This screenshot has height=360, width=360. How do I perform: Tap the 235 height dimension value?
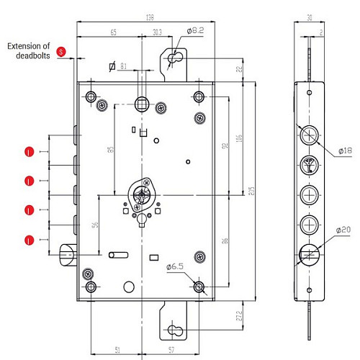pos(250,190)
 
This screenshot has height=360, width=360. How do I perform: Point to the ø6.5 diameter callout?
pos(176,267)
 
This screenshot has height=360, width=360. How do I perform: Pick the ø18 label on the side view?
pos(345,152)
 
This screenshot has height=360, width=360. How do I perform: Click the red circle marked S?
pos(61,52)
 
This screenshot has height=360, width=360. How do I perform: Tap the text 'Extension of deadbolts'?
pos(30,50)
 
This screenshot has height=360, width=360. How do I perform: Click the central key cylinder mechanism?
pos(143,194)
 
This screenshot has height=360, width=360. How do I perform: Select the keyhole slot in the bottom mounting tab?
pos(174,330)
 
